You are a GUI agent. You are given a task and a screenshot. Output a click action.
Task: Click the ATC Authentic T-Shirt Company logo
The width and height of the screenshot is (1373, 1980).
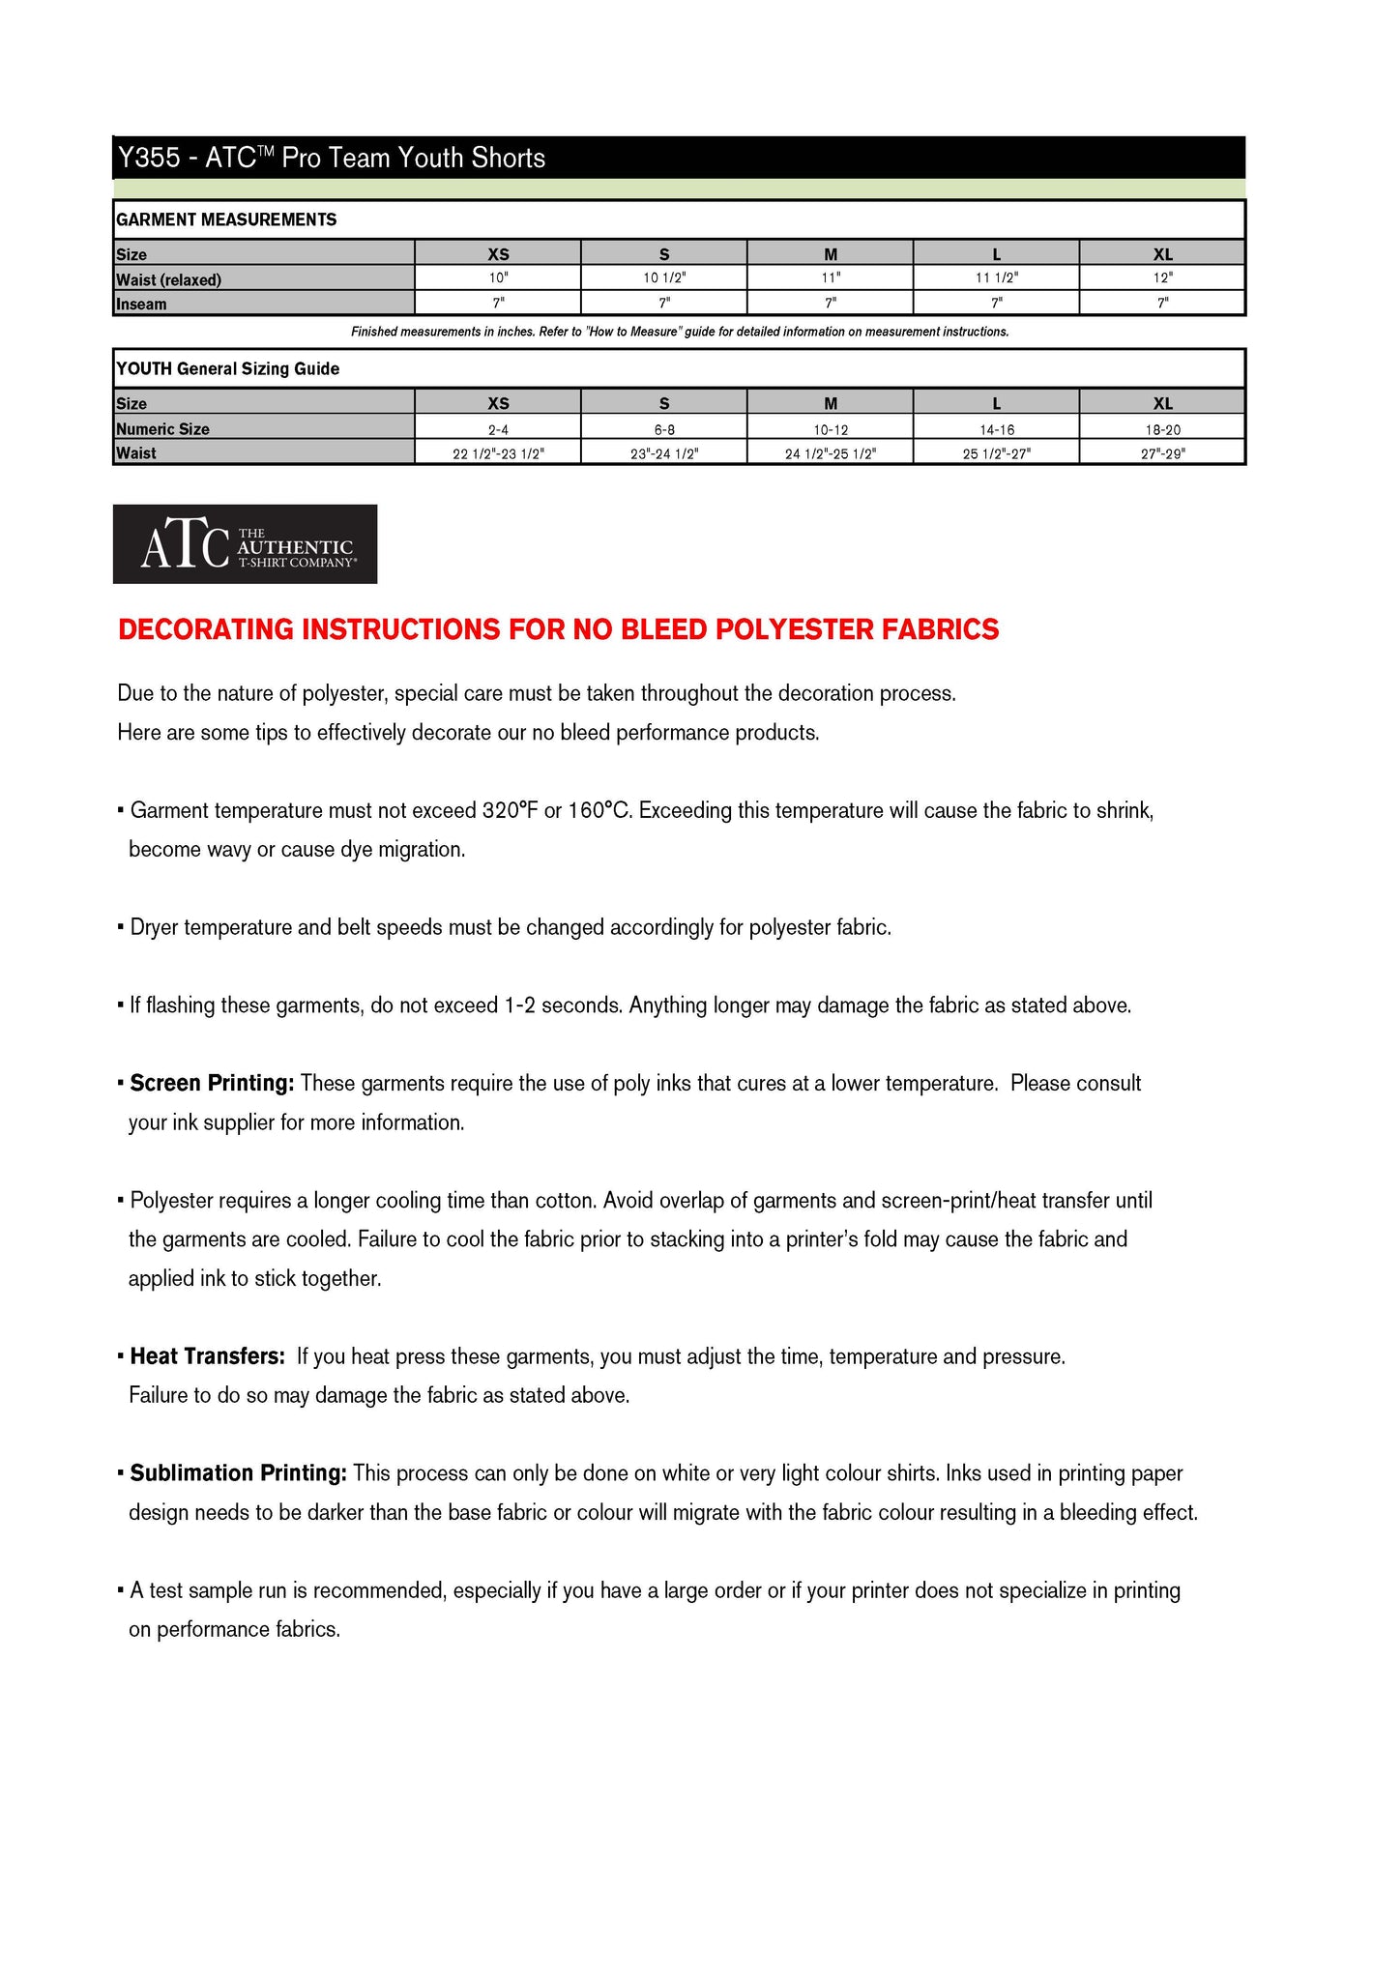pos(245,544)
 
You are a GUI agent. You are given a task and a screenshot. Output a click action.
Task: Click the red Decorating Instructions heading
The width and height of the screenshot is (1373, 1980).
pos(558,629)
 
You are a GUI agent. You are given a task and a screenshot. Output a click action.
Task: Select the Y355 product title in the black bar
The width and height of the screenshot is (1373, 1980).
pos(331,158)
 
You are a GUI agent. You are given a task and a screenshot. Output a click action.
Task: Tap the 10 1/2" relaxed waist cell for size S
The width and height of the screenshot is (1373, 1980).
pos(663,278)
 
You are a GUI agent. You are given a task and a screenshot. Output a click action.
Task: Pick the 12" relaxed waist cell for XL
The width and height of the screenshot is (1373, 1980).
pos(1162,278)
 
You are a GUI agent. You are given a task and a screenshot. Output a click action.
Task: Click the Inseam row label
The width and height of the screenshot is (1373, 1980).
pos(141,305)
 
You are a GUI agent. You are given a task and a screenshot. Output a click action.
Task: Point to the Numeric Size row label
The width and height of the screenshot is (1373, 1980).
pos(162,429)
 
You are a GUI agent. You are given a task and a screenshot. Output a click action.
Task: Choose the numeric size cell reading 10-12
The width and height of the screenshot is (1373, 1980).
pos(831,429)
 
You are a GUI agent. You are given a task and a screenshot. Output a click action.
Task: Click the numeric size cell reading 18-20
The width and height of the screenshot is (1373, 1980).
pos(1162,429)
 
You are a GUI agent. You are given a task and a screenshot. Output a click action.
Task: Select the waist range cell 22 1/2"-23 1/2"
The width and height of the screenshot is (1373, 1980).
pos(498,453)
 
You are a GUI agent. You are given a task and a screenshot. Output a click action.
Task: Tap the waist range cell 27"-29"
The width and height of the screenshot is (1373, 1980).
pos(1162,453)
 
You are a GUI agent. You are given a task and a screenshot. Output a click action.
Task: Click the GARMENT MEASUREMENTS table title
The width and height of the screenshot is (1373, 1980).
pos(226,219)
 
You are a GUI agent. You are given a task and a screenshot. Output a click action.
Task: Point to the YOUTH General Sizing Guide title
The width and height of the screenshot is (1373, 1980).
pos(228,369)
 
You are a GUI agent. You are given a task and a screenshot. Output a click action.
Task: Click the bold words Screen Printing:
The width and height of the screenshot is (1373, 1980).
pos(212,1084)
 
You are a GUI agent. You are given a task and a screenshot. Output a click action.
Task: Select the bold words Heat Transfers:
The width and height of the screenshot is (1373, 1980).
pos(207,1356)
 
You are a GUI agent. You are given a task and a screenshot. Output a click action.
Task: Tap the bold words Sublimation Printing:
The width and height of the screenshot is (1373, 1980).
pos(238,1473)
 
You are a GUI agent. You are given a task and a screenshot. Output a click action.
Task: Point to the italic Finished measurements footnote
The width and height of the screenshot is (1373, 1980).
pos(680,333)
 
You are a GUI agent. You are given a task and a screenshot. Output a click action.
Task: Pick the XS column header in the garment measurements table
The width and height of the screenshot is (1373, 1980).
pos(498,254)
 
